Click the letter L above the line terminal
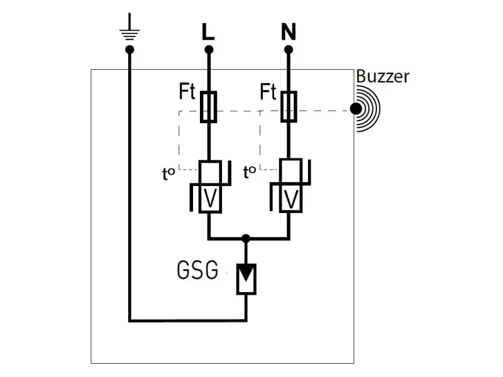point(208,31)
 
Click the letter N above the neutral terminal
point(289,31)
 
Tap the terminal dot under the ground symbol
point(130,49)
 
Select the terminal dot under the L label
point(209,49)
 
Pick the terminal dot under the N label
point(289,49)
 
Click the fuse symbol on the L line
point(209,106)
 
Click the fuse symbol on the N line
point(289,106)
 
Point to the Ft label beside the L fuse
point(187,93)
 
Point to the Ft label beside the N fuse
point(268,93)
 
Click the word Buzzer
point(382,77)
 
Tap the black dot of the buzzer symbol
point(357,109)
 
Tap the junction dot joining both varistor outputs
point(246,239)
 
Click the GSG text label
point(197,271)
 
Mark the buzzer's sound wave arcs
point(371,109)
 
